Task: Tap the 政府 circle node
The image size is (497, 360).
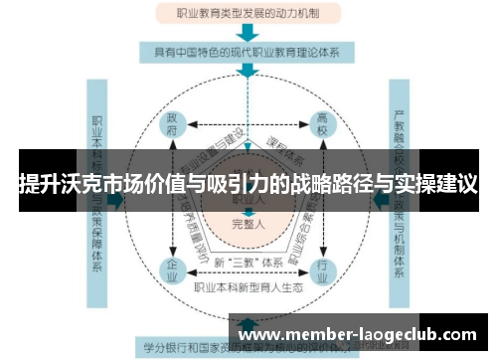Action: click(x=176, y=126)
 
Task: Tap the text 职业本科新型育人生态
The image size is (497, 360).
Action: click(x=248, y=288)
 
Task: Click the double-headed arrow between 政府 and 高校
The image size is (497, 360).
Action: click(x=248, y=126)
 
